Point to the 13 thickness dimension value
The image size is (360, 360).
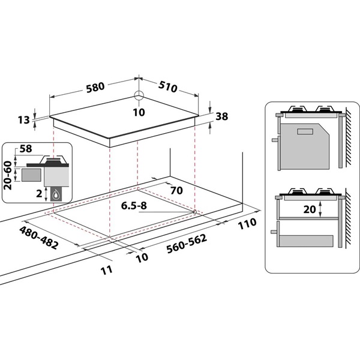[x=23, y=121]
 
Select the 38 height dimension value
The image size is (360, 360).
[x=221, y=118]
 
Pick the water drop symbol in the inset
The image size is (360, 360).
[x=58, y=194]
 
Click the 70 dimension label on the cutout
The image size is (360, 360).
[x=176, y=191]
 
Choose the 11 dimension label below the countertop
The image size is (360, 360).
[x=107, y=269]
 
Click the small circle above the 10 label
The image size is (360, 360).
[x=139, y=95]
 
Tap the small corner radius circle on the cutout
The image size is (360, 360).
[x=195, y=211]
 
